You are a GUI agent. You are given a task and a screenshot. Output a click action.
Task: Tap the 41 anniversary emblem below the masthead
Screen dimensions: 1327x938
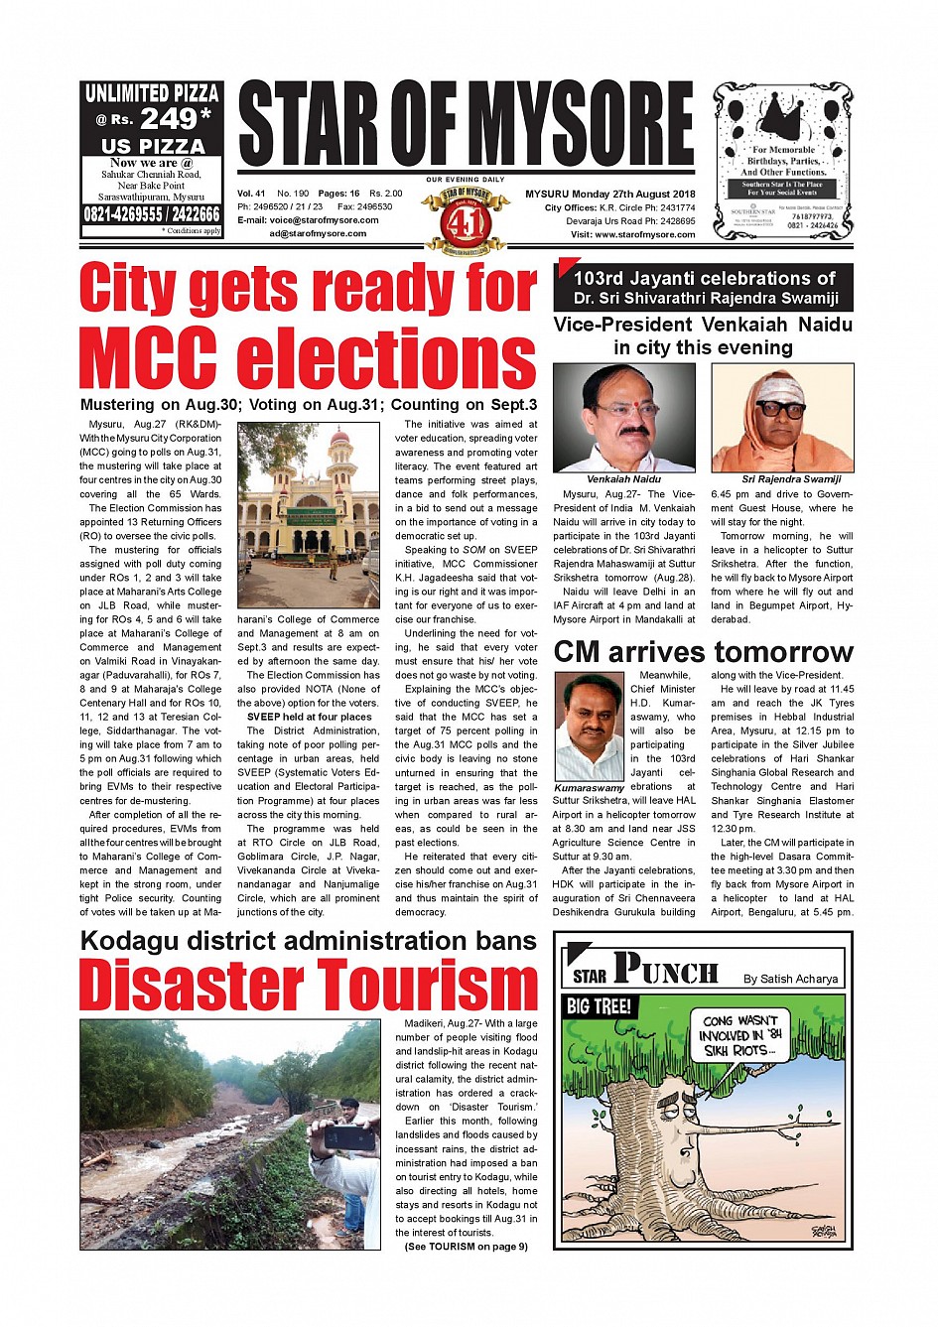pos(458,220)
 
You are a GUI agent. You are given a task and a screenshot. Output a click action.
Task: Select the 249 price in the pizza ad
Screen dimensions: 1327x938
pos(169,119)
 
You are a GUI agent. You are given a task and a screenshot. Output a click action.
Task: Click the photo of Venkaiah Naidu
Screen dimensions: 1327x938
pos(623,418)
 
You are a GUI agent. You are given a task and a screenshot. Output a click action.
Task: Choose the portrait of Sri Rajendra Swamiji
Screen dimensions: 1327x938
pos(782,418)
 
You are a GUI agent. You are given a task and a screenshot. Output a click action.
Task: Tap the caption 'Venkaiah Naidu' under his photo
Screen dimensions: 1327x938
pos(623,479)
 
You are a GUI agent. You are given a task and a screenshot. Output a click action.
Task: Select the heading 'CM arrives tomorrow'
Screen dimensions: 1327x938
pos(703,652)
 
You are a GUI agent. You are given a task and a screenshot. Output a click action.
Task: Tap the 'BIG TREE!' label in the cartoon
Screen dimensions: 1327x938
pos(599,1006)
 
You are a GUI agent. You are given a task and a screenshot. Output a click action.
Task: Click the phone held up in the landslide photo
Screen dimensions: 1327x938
pos(349,1137)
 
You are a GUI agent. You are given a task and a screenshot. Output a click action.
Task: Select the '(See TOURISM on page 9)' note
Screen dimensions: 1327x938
pos(466,1247)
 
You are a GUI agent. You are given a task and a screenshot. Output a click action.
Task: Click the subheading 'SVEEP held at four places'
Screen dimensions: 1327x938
pos(309,717)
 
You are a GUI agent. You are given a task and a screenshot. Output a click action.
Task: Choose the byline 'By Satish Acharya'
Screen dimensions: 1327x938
pos(790,979)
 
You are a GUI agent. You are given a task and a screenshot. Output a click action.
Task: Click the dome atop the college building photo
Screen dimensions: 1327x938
pos(339,438)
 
